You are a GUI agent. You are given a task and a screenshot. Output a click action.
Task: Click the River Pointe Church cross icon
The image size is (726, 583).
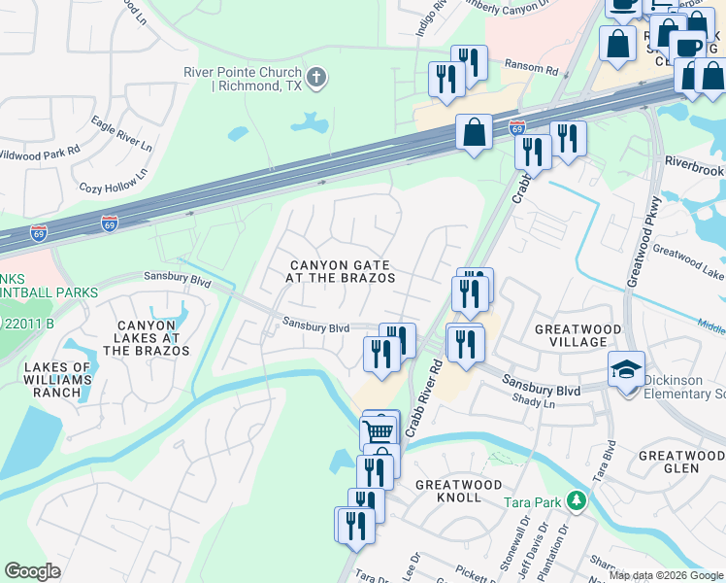tap(315, 78)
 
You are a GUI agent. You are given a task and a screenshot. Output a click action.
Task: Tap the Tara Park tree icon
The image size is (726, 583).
tap(577, 501)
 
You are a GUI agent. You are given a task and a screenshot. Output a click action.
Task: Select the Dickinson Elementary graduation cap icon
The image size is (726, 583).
tap(626, 369)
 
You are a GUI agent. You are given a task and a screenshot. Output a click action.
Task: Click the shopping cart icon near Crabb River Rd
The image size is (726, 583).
tap(379, 429)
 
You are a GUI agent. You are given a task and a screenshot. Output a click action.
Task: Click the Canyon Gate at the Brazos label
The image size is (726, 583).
tap(339, 271)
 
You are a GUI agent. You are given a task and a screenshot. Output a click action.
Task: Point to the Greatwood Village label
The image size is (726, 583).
tap(584, 335)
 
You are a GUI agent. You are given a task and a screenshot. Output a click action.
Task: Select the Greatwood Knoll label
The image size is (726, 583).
tap(459, 491)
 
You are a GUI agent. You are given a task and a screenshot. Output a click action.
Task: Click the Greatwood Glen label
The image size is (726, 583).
tap(681, 462)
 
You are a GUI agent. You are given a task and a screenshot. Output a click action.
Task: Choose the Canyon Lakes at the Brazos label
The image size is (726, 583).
tap(149, 338)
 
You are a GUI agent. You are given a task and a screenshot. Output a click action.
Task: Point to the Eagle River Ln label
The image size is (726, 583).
tap(121, 133)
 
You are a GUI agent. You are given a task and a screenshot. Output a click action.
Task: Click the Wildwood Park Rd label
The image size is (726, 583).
tap(39, 154)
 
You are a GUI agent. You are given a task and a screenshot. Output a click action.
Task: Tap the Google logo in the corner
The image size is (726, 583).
tap(32, 571)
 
